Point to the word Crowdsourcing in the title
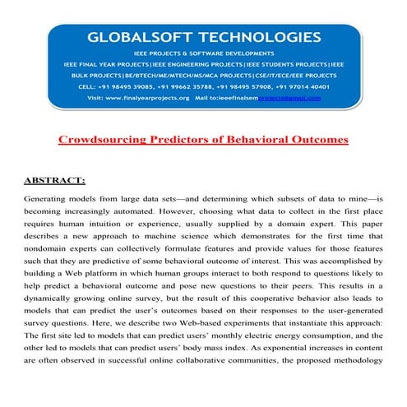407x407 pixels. pyautogui.click(x=101, y=139)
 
